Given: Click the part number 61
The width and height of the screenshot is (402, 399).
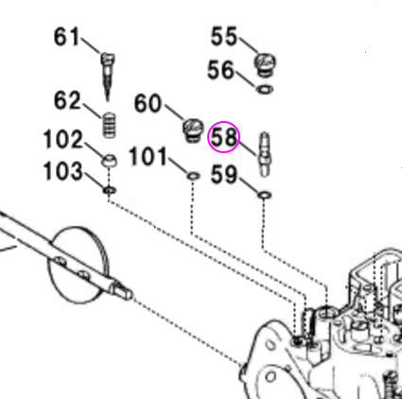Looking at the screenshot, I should tap(66, 38).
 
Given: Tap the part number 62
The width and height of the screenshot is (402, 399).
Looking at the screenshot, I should tap(68, 99).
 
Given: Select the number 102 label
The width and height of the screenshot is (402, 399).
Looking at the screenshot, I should tap(63, 141).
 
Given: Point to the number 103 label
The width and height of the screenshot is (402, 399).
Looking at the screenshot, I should tap(63, 173).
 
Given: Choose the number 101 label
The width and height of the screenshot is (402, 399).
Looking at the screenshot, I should tap(148, 153).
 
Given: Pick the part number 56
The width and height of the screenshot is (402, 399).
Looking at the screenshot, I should tap(222, 70).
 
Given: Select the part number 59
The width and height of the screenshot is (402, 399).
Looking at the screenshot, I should tap(224, 174).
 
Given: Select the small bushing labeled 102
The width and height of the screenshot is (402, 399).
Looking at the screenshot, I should tap(109, 160).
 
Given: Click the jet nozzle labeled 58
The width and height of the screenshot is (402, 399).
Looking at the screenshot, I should tap(265, 151).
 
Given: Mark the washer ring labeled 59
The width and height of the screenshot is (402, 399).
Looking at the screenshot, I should tap(265, 195).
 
